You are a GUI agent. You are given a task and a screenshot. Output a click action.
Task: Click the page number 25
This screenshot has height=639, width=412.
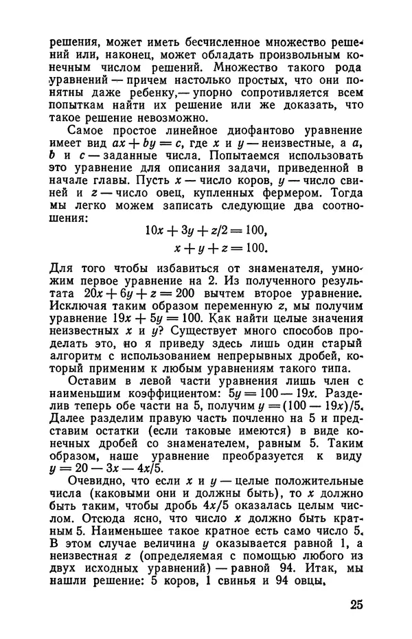(350, 605)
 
